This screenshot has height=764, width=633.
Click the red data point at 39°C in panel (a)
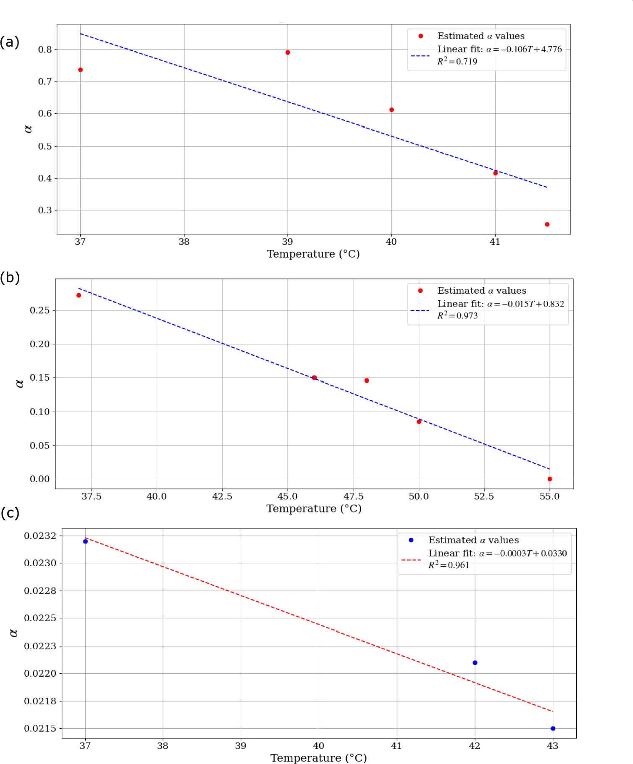(x=288, y=53)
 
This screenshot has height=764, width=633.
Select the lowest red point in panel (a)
(x=547, y=224)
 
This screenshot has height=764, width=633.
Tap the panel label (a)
(x=10, y=42)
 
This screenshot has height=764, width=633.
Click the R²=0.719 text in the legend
(x=457, y=62)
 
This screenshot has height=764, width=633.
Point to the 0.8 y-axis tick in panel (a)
(x=45, y=50)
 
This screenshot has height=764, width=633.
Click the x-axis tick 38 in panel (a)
(x=184, y=242)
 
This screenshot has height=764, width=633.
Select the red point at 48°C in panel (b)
(x=367, y=381)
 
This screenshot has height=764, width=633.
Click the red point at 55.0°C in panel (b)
(x=549, y=479)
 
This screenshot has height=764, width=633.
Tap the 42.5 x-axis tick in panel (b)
(x=222, y=496)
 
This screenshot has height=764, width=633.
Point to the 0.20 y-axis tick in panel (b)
(x=39, y=344)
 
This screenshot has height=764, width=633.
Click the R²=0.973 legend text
(x=457, y=316)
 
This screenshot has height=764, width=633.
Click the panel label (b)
(x=10, y=278)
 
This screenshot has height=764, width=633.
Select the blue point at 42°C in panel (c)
(x=475, y=663)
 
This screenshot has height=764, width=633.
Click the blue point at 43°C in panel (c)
(x=553, y=728)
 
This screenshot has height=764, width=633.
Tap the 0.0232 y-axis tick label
(x=40, y=536)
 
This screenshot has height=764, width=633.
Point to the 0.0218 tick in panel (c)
(x=40, y=701)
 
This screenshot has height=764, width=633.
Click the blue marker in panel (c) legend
(x=411, y=540)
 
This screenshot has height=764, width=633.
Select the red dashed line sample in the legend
(x=411, y=560)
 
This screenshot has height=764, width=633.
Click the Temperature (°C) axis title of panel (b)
(x=314, y=509)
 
